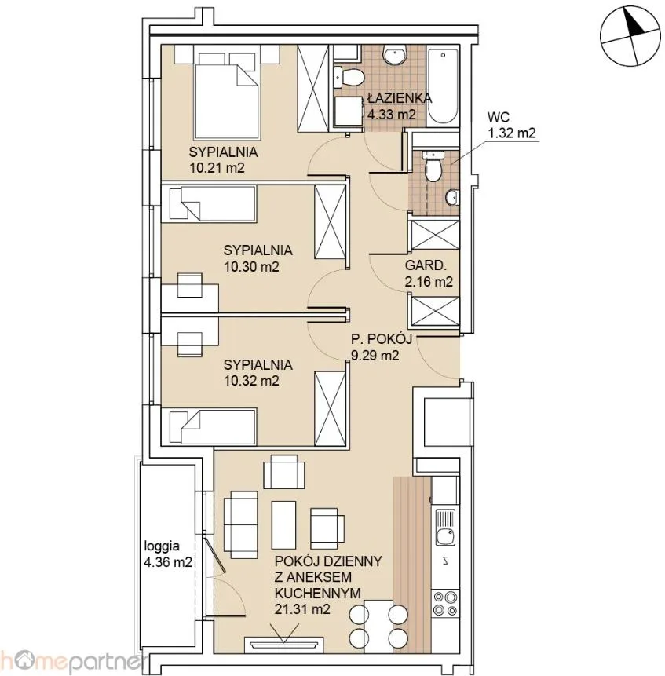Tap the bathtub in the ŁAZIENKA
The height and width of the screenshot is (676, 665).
click(x=443, y=86)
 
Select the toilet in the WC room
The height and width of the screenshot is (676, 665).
click(x=432, y=166)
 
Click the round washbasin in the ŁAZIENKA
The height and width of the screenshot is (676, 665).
click(x=394, y=55)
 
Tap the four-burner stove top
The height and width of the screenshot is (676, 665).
click(x=445, y=603)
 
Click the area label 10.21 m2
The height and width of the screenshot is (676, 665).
click(x=217, y=167)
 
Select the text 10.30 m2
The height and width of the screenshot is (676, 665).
click(x=251, y=266)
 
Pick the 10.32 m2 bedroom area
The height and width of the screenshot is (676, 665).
click(x=251, y=381)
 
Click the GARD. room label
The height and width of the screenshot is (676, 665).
click(x=425, y=265)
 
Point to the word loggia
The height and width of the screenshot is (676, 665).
click(x=162, y=546)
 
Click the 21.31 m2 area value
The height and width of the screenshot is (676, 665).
click(x=302, y=609)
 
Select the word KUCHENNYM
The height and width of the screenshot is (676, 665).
click(x=318, y=594)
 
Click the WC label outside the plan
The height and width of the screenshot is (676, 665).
click(x=499, y=117)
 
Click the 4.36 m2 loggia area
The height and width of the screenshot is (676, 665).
click(x=168, y=562)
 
